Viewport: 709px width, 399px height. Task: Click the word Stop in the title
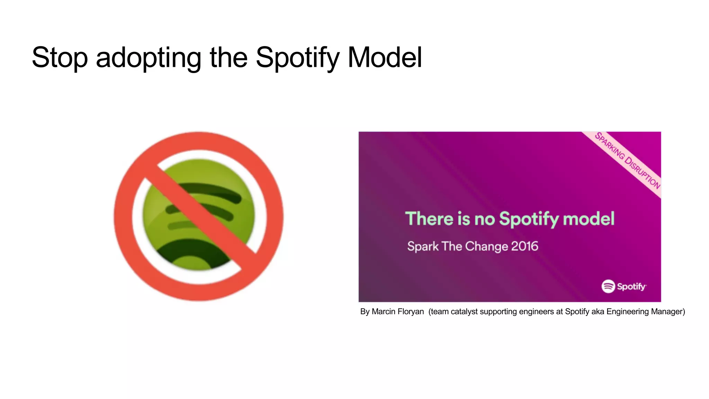point(60,57)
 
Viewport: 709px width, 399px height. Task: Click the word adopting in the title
point(148,57)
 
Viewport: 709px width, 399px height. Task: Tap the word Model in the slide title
point(385,57)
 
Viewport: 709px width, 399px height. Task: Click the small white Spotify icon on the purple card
point(608,286)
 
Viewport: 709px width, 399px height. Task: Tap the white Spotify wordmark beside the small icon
point(631,287)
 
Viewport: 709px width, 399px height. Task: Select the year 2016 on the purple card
point(524,246)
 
